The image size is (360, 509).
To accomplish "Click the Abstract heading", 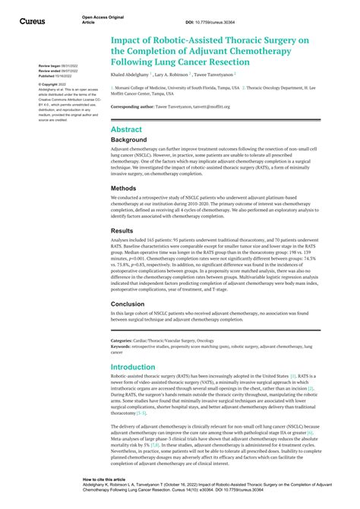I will (126, 130).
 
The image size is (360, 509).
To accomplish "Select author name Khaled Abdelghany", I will (130, 75).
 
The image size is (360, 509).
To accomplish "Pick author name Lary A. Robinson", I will (172, 75).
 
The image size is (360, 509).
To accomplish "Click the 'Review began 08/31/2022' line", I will (54, 66).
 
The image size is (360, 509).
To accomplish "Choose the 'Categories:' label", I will (124, 341).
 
